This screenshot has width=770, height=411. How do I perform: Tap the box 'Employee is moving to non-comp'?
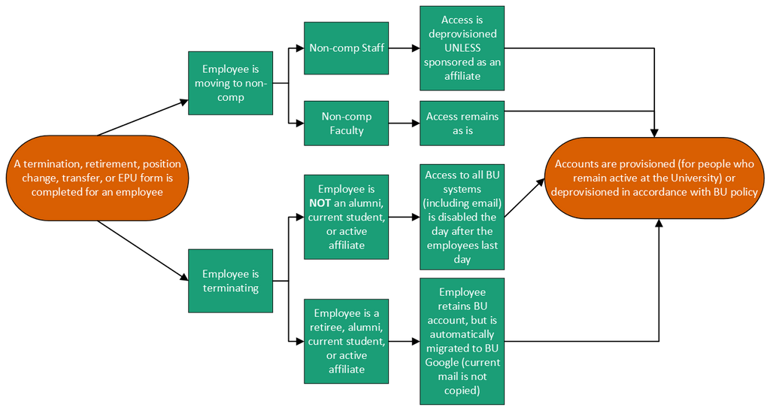[x=230, y=83]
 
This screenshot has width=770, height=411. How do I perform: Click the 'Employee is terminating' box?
[x=230, y=281]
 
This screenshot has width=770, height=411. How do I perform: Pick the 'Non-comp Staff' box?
[x=346, y=48]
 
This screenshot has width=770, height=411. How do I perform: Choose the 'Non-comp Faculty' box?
[x=346, y=123]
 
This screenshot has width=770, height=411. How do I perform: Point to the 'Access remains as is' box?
[x=462, y=123]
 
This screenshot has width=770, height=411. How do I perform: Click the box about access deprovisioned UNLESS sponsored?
[x=462, y=48]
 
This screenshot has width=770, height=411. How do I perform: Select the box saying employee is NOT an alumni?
[x=346, y=217]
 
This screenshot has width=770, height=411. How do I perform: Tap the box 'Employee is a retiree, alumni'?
[x=346, y=341]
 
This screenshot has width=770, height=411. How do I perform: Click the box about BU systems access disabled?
[x=462, y=217]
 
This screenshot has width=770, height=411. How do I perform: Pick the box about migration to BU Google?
[x=462, y=341]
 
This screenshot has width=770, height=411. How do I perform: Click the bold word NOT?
[x=321, y=203]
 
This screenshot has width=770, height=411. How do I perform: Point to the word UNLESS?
[x=462, y=48]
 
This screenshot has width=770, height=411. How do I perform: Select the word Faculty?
[x=346, y=130]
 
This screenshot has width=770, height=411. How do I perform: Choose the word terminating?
[x=230, y=288]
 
